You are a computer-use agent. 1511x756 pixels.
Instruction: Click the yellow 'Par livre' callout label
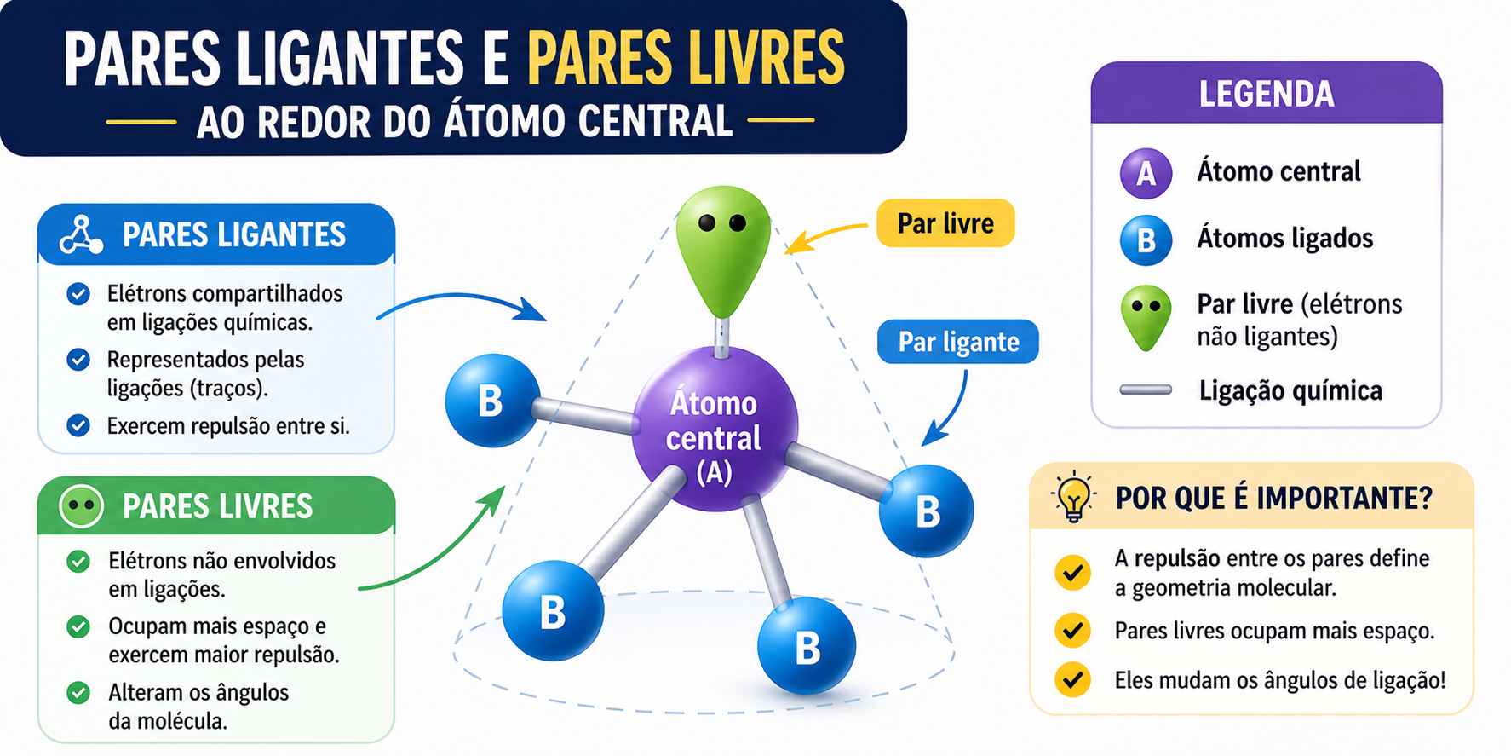[945, 223]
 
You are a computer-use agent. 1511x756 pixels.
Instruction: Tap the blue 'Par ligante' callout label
[958, 342]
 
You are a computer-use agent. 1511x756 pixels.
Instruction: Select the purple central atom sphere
[714, 429]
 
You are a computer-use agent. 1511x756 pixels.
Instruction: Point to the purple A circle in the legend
[1146, 173]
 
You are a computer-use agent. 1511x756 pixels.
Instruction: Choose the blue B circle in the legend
[1146, 239]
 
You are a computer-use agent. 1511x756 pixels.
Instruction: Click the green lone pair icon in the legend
[1146, 318]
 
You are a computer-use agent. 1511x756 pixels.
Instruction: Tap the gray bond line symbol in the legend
[1146, 390]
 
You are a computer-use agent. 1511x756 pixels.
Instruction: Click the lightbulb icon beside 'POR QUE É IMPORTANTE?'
[1073, 496]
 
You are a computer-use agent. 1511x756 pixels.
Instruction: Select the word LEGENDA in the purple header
[1267, 94]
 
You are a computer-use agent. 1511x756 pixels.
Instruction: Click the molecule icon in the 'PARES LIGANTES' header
[82, 234]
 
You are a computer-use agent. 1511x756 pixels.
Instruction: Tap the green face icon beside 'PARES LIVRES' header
[82, 505]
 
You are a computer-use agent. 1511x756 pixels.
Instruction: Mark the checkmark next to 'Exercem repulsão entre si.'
[78, 425]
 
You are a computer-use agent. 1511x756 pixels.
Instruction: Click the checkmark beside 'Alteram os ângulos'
[78, 692]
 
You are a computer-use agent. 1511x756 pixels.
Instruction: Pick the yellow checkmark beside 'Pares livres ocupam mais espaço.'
[1072, 631]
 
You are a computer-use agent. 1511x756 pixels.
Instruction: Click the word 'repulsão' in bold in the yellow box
[1177, 559]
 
